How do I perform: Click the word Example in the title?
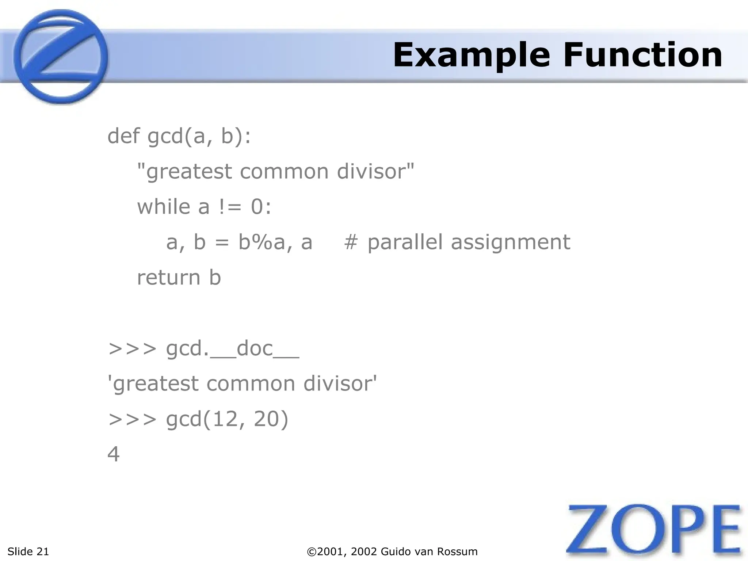[x=471, y=56]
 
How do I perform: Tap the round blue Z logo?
[x=61, y=57]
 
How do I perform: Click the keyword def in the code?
[x=123, y=136]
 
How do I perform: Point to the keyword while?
[x=163, y=207]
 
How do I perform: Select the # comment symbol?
[x=351, y=242]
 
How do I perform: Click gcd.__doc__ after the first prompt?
[x=232, y=348]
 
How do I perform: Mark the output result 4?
[x=114, y=454]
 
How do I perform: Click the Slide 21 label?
[x=28, y=552]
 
